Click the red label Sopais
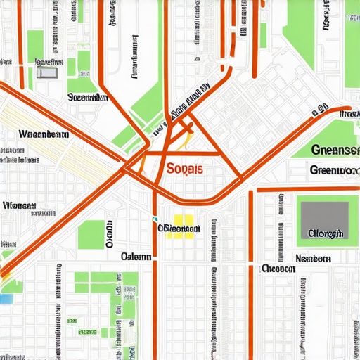click(186, 169)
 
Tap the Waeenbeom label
click(43, 133)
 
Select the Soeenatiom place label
click(88, 98)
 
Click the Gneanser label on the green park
click(334, 150)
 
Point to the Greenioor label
click(333, 170)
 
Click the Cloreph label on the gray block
click(325, 233)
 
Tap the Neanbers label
click(313, 258)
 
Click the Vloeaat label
click(19, 206)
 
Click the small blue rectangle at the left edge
click(6, 299)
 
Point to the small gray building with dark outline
click(47, 71)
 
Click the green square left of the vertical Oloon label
click(90, 234)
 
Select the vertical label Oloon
click(110, 234)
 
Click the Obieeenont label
click(179, 229)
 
